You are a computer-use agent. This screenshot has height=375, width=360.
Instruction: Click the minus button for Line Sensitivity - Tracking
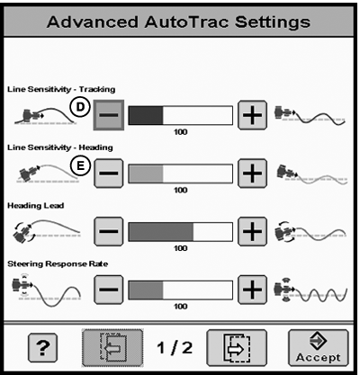[x=109, y=115]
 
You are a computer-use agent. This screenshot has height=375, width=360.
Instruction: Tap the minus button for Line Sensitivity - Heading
[x=109, y=174]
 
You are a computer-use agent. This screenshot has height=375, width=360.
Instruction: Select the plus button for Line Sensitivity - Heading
[x=252, y=174]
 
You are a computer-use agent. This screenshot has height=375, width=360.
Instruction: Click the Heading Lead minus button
[x=109, y=231]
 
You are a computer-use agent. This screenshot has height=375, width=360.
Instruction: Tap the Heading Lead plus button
[x=252, y=231]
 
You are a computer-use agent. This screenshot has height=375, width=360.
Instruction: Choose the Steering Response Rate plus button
[x=252, y=290]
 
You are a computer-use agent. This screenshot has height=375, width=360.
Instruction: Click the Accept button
[x=319, y=348]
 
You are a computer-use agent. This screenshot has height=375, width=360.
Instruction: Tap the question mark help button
[x=42, y=348]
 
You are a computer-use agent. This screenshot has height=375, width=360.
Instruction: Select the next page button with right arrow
[x=237, y=348]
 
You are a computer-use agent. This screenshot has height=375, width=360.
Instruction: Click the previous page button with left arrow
[x=112, y=348]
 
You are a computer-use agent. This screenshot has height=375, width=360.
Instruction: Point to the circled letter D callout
[x=80, y=107]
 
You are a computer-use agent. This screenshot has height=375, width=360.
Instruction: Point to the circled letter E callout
[x=80, y=165]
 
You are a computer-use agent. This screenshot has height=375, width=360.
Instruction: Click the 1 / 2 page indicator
[x=175, y=348]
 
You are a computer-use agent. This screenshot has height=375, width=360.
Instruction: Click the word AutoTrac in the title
[x=186, y=22]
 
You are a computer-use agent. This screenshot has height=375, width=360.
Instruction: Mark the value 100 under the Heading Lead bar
[x=181, y=248]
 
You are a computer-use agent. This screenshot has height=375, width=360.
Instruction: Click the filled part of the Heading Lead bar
[x=161, y=231]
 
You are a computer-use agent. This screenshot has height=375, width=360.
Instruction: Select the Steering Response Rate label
[x=58, y=264]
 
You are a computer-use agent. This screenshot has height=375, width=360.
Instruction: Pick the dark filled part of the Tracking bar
[x=146, y=115]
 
